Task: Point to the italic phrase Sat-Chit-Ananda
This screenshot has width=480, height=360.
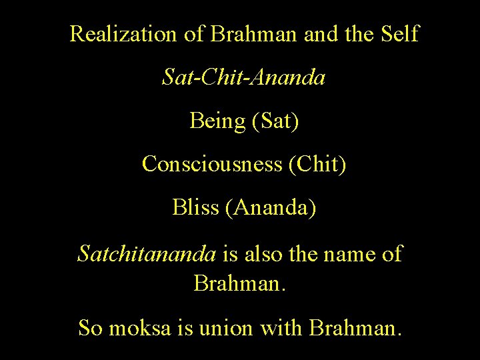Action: coord(244,78)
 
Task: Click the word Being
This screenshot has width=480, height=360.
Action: coord(217,121)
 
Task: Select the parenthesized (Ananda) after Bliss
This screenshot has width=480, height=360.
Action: coord(271,208)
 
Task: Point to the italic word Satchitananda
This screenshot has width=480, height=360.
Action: coord(147,253)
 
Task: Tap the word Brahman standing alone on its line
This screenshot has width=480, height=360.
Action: coord(239,283)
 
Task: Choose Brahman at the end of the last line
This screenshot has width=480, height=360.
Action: coord(355,327)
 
